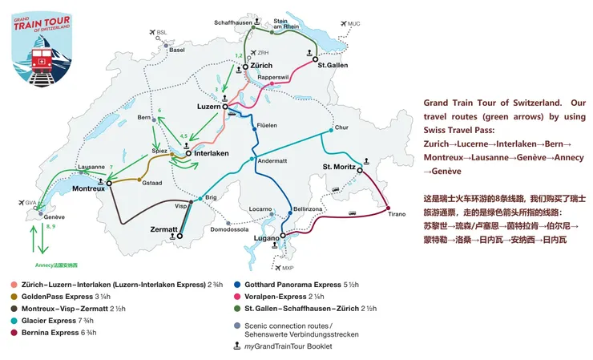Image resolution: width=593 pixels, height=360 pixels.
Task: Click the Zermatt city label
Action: pyautogui.click(x=163, y=229)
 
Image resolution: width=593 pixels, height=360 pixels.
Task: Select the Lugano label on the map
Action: pyautogui.click(x=265, y=238)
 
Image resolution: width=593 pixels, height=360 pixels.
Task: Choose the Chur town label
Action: pyautogui.click(x=342, y=127)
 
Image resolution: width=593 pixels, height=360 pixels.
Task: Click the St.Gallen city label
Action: pyautogui.click(x=332, y=65)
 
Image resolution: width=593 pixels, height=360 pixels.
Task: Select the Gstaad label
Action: pyautogui.click(x=152, y=183)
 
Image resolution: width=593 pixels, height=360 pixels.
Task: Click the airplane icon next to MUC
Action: pyautogui.click(x=343, y=24)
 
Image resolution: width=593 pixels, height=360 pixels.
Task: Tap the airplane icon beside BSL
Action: pyautogui.click(x=151, y=31)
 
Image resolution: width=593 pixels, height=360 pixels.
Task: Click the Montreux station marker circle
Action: pyautogui.click(x=108, y=183)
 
